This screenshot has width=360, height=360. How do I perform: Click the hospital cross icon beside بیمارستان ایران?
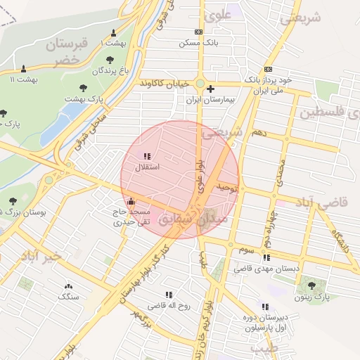pos(210,89)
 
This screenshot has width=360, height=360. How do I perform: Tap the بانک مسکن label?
pos(199,43)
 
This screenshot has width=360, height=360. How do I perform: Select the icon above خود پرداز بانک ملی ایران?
pos(268,70)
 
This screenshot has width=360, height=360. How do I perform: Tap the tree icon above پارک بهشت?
pos(84,88)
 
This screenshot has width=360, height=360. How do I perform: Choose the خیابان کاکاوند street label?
pos(165,84)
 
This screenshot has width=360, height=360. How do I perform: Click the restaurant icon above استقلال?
pos(146,156)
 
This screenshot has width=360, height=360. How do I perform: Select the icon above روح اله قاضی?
pos(169,295)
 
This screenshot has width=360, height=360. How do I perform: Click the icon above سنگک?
pos(68,286)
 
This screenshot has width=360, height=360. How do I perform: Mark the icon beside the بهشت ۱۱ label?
pos(25,69)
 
